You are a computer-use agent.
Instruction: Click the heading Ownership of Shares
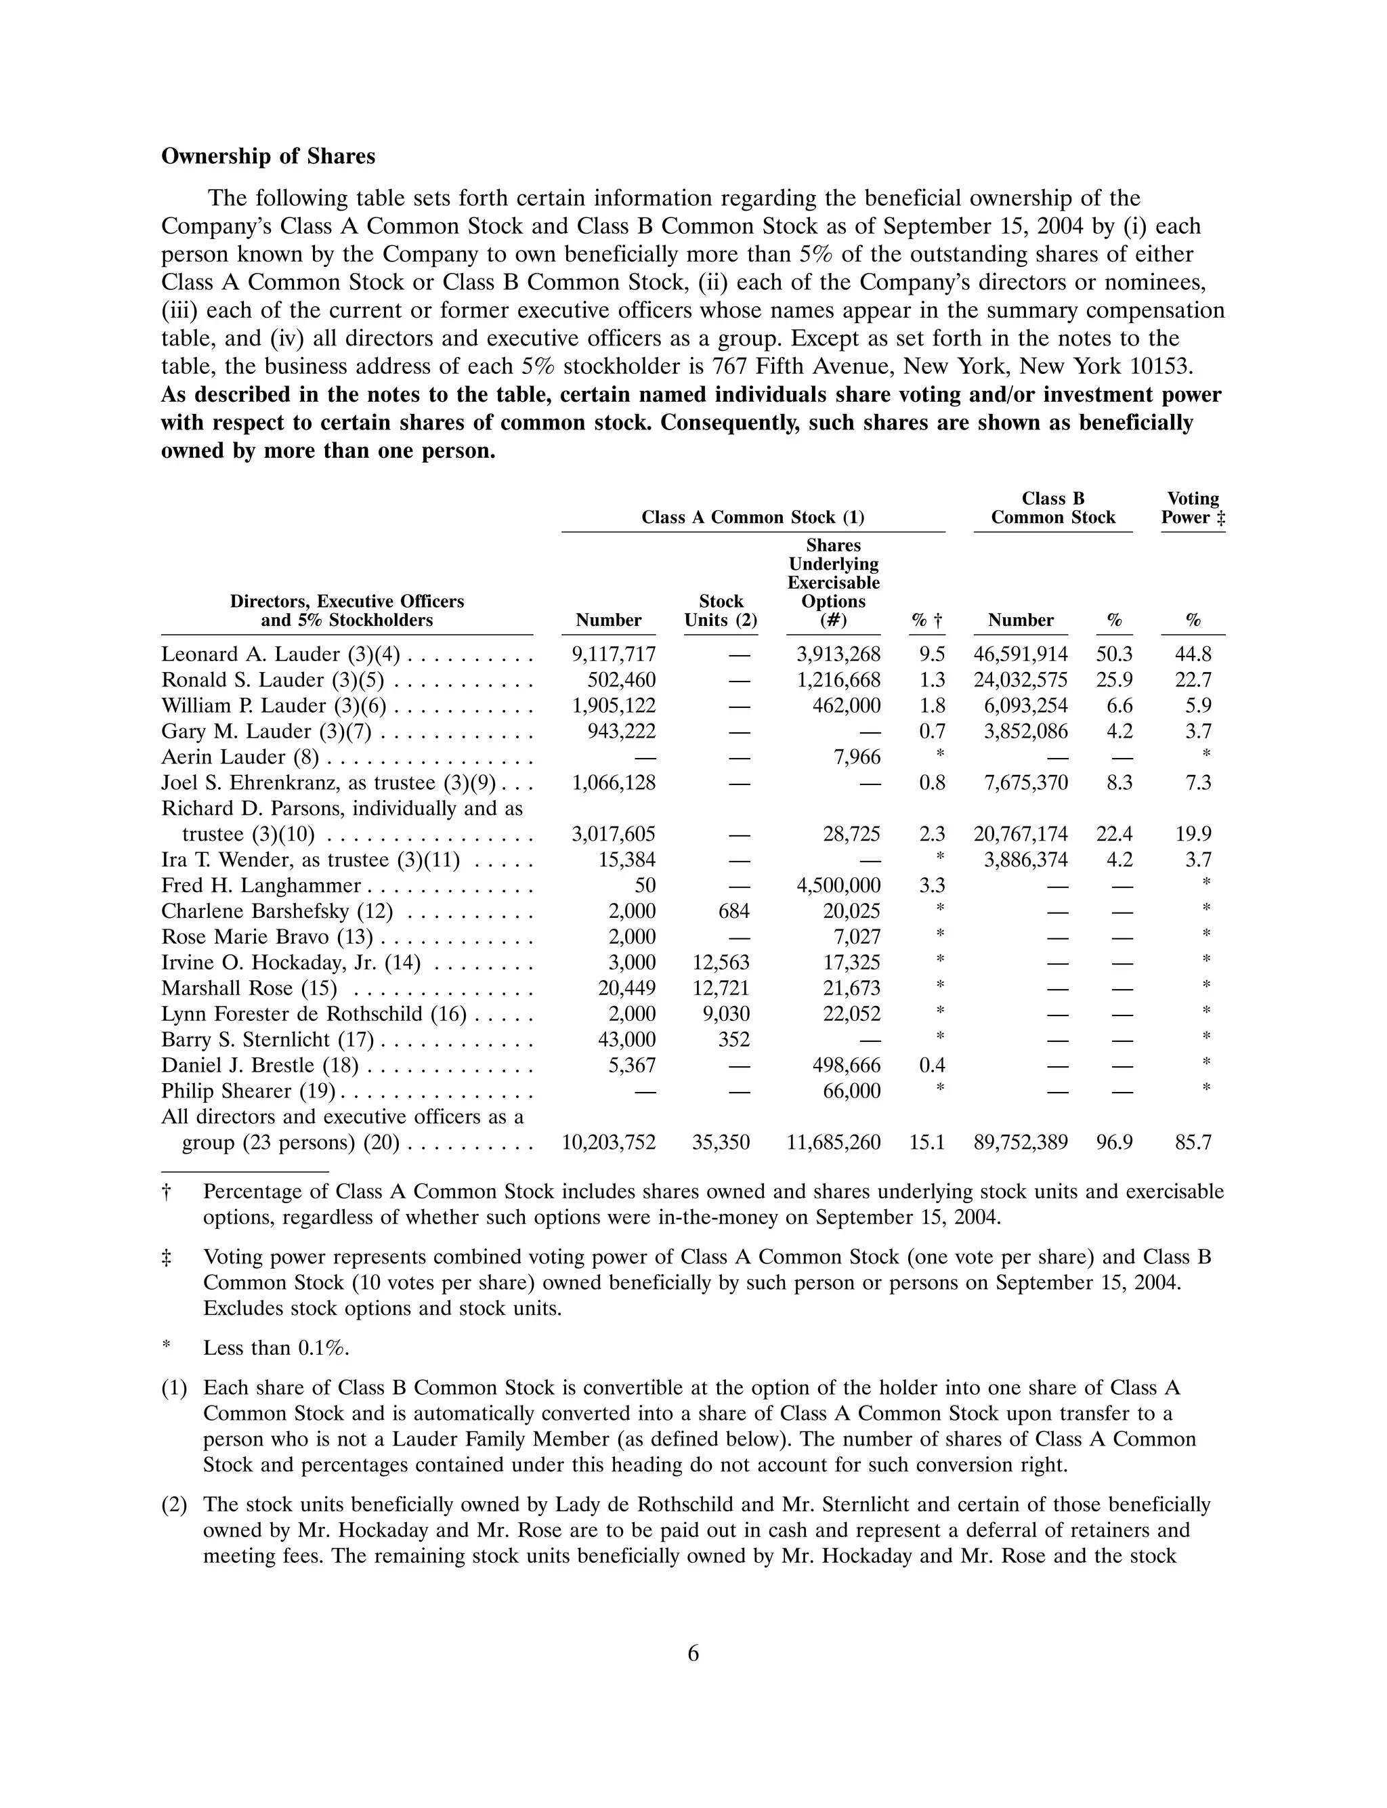[268, 157]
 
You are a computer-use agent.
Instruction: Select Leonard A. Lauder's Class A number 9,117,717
[614, 654]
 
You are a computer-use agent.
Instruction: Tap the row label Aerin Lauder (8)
[240, 757]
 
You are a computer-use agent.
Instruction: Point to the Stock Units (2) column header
[720, 611]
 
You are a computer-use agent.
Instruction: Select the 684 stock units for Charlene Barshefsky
[733, 911]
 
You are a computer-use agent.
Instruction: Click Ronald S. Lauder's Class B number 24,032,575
[1021, 680]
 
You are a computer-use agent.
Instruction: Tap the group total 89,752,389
[1021, 1143]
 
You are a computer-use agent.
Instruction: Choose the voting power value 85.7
[1193, 1143]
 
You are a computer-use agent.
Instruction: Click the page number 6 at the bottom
[693, 1654]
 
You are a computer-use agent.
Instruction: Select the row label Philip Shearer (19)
[248, 1091]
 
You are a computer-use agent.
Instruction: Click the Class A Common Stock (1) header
[752, 518]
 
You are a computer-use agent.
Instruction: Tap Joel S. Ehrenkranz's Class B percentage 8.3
[1119, 782]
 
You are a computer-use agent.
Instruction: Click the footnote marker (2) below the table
[173, 1505]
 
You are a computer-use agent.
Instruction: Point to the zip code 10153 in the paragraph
[1164, 366]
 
